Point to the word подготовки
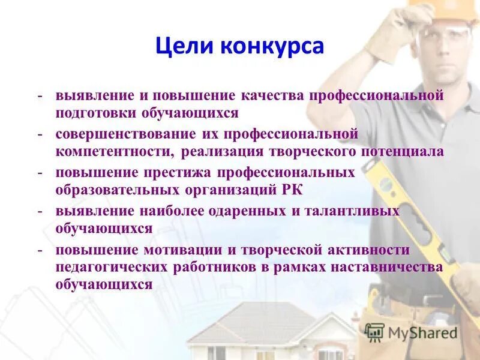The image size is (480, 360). pyautogui.click(x=97, y=113)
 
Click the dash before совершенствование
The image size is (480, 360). pyautogui.click(x=40, y=134)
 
